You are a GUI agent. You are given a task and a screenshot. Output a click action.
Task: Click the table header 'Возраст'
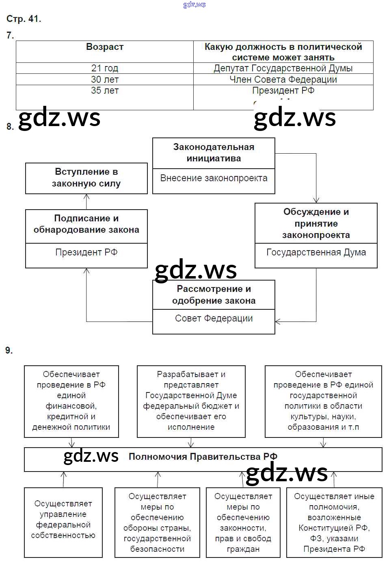pyautogui.click(x=105, y=47)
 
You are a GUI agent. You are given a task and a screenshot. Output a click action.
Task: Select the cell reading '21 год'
pyautogui.click(x=105, y=68)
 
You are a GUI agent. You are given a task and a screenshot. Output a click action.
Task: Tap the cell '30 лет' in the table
pyautogui.click(x=105, y=79)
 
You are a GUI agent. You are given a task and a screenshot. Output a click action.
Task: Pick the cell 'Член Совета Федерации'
pyautogui.click(x=283, y=79)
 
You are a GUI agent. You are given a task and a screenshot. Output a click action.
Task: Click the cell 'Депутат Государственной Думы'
pyautogui.click(x=283, y=68)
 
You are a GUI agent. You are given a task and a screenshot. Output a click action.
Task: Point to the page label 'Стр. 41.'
pyautogui.click(x=24, y=19)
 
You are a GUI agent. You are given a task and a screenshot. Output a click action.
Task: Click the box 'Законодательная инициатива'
pyautogui.click(x=214, y=153)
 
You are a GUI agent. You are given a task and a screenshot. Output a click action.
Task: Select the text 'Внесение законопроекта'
pyautogui.click(x=214, y=178)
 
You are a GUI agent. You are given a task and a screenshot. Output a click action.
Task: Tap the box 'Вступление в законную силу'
pyautogui.click(x=86, y=178)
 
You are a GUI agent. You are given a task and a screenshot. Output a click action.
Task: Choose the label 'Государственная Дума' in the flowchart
pyautogui.click(x=316, y=253)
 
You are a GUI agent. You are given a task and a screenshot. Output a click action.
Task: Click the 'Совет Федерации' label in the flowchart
pyautogui.click(x=214, y=319)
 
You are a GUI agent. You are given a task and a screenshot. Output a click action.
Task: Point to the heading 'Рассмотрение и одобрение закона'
pyautogui.click(x=214, y=295)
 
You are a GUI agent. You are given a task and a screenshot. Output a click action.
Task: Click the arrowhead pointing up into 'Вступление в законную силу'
pyautogui.click(x=86, y=196)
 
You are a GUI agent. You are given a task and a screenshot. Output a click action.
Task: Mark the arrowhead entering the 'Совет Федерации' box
pyautogui.click(x=278, y=322)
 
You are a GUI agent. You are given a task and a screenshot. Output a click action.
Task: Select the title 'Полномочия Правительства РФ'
pyautogui.click(x=203, y=457)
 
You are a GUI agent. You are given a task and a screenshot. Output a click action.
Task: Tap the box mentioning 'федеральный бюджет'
pyautogui.click(x=191, y=401)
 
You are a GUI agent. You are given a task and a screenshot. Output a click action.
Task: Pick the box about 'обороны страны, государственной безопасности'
pyautogui.click(x=157, y=523)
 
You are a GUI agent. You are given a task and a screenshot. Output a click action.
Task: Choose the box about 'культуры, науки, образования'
pyautogui.click(x=323, y=401)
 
